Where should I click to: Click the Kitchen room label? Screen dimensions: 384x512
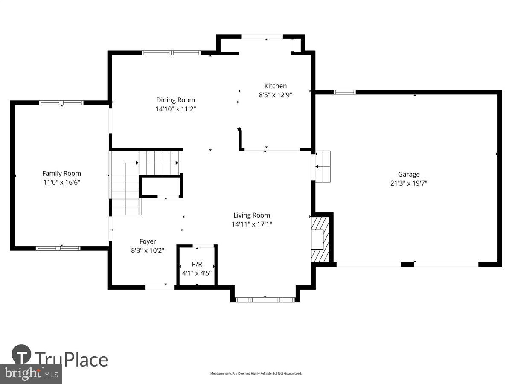coord(275,86)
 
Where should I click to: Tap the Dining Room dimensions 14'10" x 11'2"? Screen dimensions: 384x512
coord(176,109)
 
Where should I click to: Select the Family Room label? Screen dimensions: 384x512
coord(61,173)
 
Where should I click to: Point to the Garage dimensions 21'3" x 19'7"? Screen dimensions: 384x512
coord(409,183)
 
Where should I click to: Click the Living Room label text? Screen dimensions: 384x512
coord(251,215)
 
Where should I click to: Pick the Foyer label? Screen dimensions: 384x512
coord(148,241)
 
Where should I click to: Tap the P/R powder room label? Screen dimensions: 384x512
coord(197,264)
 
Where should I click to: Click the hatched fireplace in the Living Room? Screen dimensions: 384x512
coord(320,239)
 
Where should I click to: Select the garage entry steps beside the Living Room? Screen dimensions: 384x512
coord(323,166)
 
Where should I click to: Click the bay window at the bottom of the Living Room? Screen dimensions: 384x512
coord(265,300)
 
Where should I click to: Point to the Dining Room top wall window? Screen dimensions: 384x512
coord(171,53)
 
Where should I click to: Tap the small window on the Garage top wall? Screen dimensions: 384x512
coord(344,92)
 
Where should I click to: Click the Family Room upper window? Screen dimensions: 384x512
coord(61,102)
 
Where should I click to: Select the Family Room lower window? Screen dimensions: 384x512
coord(58,248)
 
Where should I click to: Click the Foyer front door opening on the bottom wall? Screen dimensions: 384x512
coord(160,287)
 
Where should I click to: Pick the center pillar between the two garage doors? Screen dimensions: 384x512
coord(407,265)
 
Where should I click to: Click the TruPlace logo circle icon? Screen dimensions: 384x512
coord(21,355)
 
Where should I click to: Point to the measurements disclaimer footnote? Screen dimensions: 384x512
coord(256,373)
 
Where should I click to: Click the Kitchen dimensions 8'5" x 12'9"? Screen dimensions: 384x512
coord(275,95)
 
